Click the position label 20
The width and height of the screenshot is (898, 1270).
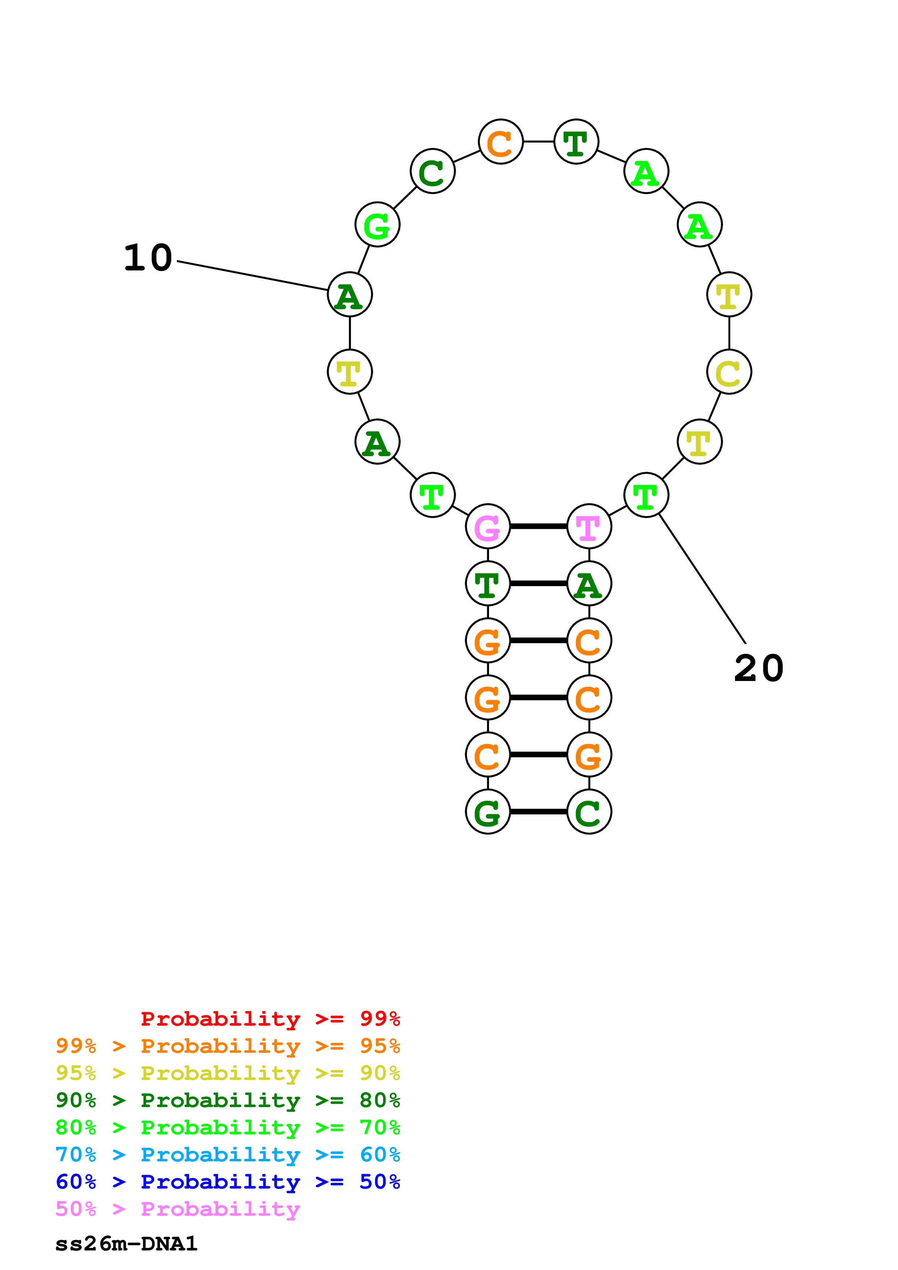coord(759,668)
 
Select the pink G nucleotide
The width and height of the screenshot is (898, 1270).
coord(488,527)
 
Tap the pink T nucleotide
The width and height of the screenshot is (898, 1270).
coord(589,527)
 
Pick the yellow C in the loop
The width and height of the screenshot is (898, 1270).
coord(729,372)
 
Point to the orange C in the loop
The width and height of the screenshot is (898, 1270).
coord(500,142)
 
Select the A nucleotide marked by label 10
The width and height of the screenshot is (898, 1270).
coord(350,295)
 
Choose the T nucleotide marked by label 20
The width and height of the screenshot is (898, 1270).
coord(646,495)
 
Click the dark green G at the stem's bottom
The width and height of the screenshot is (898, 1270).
coord(488,812)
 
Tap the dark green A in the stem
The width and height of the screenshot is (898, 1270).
coord(589,584)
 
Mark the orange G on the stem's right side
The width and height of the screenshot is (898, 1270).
coord(589,755)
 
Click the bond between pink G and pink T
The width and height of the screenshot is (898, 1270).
coord(538,527)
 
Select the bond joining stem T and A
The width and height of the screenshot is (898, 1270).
coord(538,584)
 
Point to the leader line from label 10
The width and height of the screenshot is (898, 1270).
coord(252,276)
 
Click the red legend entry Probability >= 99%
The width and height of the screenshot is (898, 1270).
coord(270,1019)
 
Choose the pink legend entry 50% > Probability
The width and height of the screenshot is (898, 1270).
coord(177,1209)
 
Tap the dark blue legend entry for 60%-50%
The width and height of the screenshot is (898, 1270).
coord(227,1182)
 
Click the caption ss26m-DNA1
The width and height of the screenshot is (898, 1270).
coord(126,1244)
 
